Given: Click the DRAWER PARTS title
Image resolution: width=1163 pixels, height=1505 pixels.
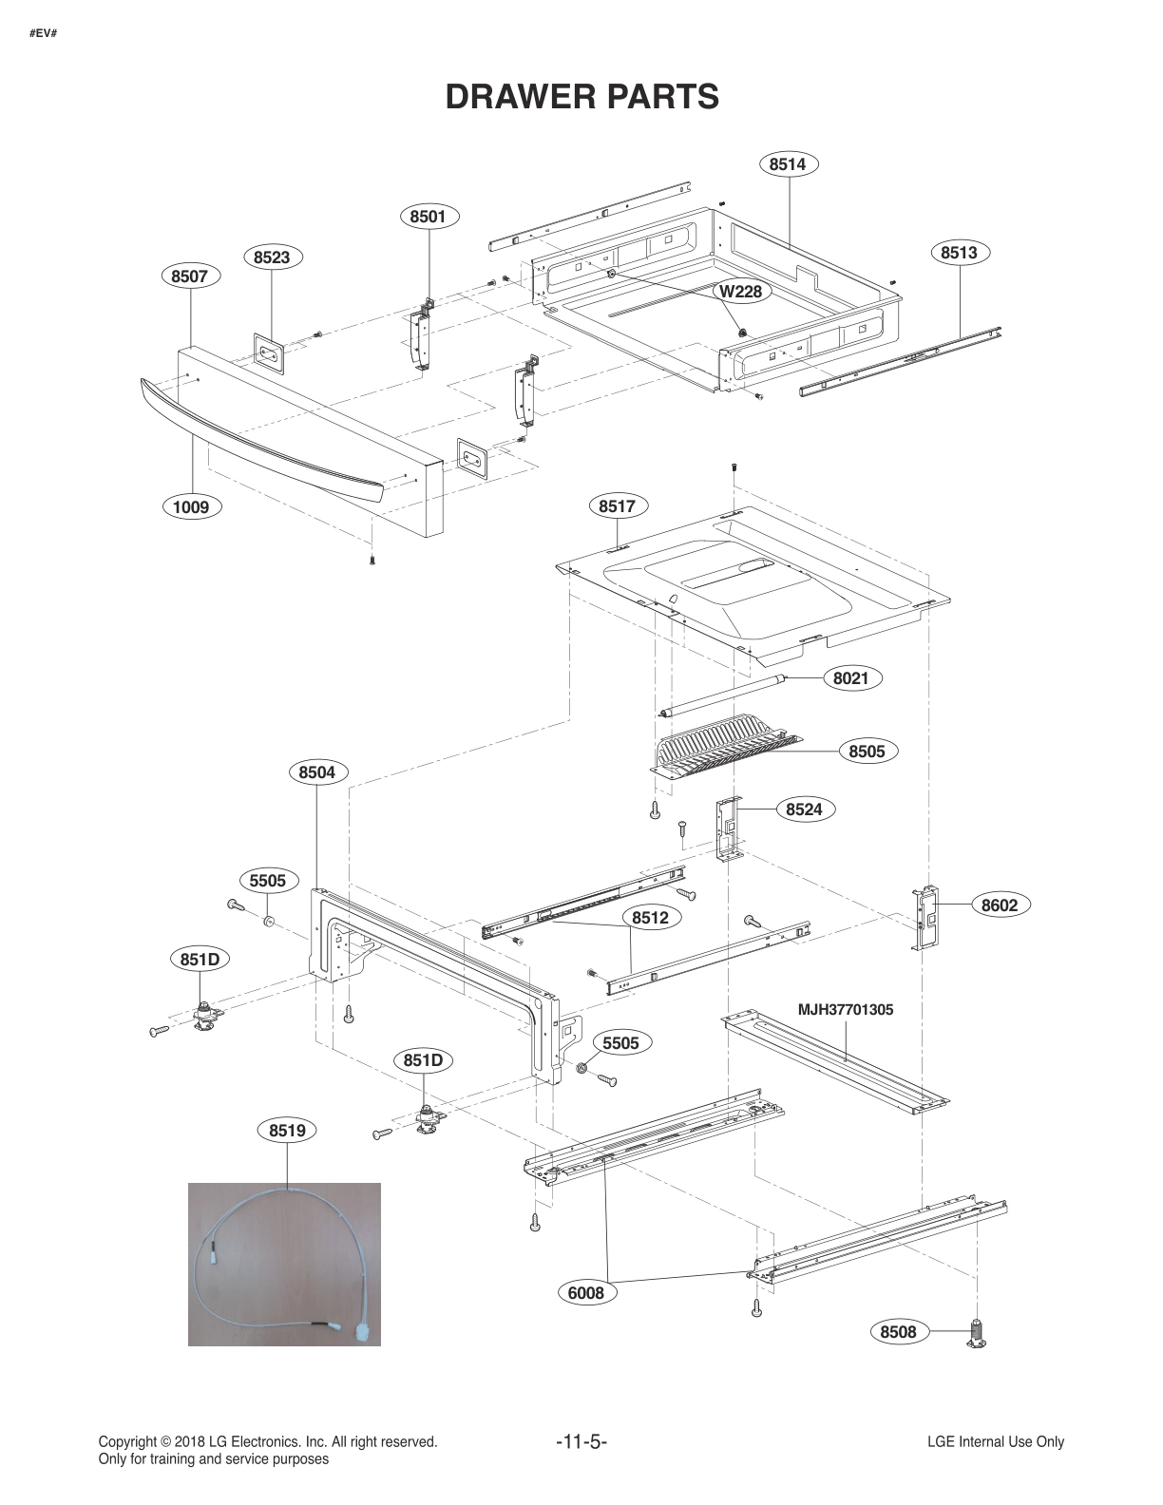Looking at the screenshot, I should coord(581,96).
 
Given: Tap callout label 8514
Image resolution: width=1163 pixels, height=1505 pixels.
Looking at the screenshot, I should coord(788,164).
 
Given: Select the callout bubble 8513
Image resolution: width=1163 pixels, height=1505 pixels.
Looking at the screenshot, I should coord(959,253).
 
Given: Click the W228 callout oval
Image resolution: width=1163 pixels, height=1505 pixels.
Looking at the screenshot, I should coord(740,291).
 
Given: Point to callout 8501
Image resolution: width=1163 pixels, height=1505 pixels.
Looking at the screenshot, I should coord(428,217).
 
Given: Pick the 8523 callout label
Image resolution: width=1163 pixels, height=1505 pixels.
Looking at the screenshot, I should coord(272,257).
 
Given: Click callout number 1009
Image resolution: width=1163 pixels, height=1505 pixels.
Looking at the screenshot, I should coord(190,506).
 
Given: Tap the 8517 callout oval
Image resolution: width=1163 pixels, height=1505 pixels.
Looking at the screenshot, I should coord(617,506).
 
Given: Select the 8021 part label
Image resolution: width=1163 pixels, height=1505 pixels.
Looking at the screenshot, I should coord(850,678).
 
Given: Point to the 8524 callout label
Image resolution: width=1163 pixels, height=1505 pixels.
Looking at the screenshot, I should coord(804,810).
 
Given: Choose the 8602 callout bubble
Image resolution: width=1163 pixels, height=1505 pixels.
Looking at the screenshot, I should coord(999,905).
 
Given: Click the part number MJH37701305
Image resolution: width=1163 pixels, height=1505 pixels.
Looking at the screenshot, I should coord(845,1010).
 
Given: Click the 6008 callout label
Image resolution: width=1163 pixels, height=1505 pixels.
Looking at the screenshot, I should coord(585,1292).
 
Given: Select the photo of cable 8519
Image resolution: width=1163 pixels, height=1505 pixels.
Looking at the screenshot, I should coord(284,1264).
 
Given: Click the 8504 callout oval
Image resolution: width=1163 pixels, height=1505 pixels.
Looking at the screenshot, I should coord(316,772).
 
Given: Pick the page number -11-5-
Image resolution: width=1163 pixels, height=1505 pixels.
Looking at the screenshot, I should coord(581,1441).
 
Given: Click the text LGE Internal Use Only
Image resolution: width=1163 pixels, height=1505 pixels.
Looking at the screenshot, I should coord(995,1441).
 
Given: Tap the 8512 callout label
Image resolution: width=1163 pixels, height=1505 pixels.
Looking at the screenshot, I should coord(650,918).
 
